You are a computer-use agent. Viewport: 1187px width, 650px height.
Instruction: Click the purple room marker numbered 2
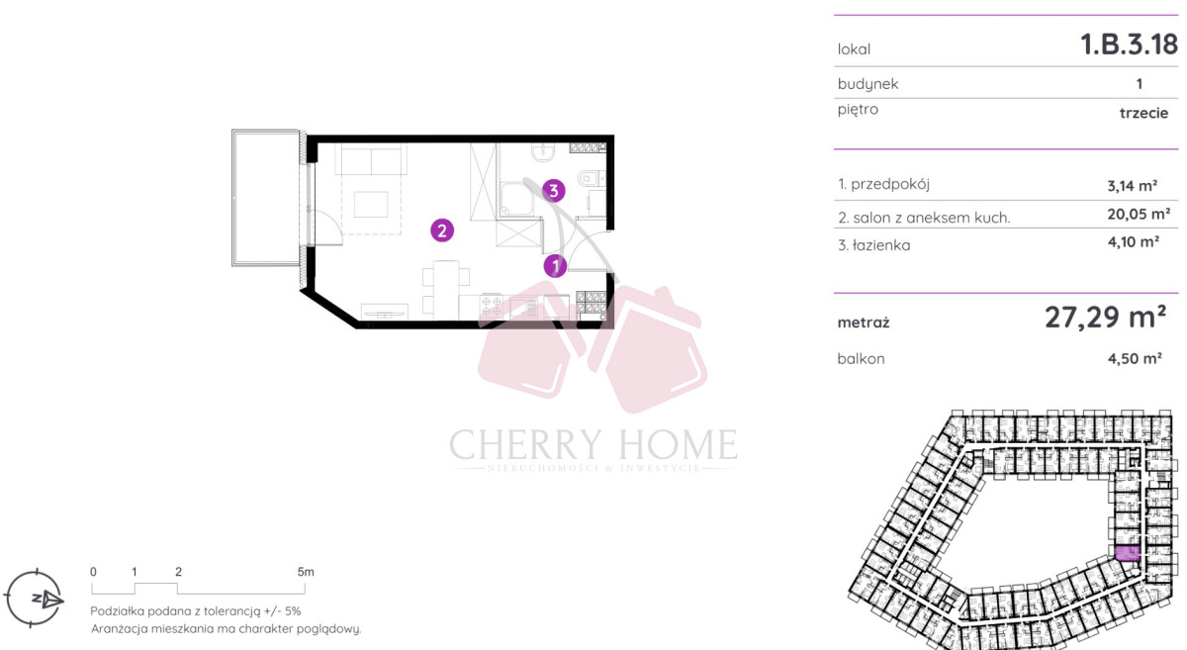442,231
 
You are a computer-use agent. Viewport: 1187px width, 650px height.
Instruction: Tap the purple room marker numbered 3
554,190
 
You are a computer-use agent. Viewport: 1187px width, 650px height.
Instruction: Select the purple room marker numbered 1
555,266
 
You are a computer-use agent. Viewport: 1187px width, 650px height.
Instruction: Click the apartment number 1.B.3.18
1130,44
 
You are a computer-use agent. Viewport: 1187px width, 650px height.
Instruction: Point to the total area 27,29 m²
1106,317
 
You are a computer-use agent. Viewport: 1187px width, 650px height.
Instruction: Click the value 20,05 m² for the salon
1139,214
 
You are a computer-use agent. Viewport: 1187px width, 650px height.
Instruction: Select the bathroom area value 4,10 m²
1134,241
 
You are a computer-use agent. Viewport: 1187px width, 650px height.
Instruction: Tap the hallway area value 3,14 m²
1133,186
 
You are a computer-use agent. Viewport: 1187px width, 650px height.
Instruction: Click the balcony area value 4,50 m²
1136,358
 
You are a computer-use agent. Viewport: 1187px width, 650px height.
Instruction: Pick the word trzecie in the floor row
1144,113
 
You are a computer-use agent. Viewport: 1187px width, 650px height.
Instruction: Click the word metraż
864,323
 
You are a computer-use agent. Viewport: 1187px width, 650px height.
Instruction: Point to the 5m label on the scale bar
306,572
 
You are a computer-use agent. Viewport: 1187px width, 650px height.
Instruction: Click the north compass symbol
35,599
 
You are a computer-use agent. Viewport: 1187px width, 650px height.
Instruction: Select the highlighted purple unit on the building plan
1127,553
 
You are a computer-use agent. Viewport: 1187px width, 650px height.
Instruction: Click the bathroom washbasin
543,152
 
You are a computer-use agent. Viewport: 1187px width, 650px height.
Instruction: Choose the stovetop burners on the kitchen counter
491,306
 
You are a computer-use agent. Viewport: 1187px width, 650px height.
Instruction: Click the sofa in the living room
371,159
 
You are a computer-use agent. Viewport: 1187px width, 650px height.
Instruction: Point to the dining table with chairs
446,290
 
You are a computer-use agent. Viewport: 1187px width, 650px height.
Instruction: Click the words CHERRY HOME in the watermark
593,444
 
